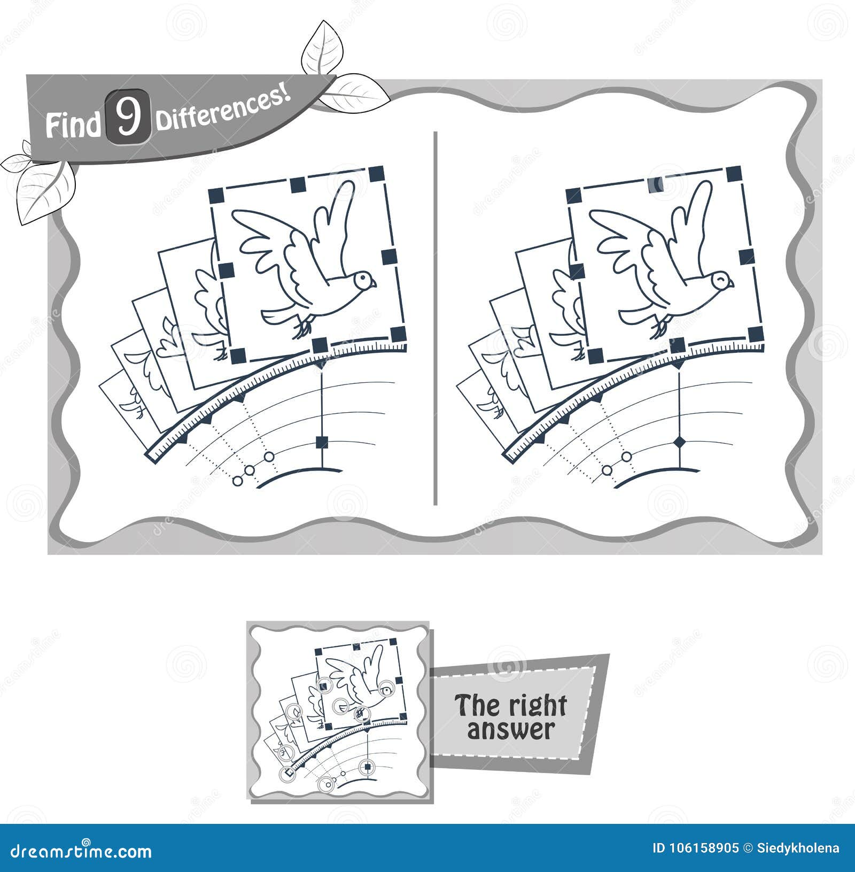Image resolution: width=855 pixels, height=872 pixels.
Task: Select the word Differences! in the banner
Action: [x=223, y=110]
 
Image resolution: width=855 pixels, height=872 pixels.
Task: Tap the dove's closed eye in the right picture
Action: [x=722, y=278]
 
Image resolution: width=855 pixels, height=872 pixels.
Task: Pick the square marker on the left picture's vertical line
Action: [x=322, y=442]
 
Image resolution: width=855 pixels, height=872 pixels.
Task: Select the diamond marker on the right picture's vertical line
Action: [x=680, y=442]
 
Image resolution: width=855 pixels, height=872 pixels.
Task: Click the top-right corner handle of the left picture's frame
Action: [x=377, y=174]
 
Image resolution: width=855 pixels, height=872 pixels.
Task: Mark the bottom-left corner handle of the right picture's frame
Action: [x=595, y=355]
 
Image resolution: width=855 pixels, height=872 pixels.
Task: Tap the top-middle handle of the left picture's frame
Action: [x=298, y=185]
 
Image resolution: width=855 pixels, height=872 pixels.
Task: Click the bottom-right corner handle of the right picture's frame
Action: [x=755, y=335]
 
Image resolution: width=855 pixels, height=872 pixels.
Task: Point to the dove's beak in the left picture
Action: [x=374, y=284]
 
